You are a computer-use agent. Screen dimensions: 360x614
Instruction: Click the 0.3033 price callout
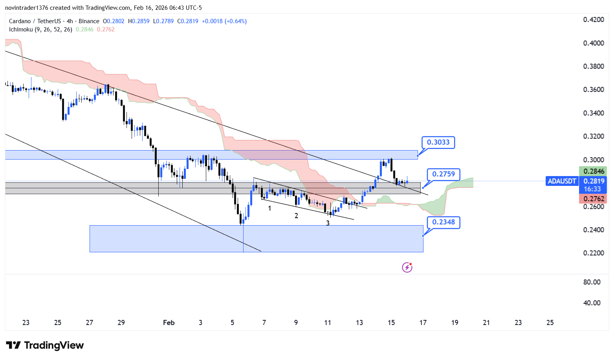438,142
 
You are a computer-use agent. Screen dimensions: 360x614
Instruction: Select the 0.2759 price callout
443,174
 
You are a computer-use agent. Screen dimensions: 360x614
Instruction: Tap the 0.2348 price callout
443,222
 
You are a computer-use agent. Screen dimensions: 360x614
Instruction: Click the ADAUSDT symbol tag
562,181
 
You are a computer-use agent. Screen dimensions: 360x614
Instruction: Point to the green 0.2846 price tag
594,171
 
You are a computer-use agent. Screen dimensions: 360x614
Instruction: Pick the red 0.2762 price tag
594,199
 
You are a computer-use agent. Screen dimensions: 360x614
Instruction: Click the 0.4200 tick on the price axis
594,20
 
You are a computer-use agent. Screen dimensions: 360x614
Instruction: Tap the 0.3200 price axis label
594,136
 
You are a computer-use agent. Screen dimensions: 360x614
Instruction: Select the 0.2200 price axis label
594,253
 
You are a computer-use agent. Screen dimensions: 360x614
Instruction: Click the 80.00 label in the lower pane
592,282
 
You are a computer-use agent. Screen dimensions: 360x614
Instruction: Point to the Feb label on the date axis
169,323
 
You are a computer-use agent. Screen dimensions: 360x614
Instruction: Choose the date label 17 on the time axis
423,323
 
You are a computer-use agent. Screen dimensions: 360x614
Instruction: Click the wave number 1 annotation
269,208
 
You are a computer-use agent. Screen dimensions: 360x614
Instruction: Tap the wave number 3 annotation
328,223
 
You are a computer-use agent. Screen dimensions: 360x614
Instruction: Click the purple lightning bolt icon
407,268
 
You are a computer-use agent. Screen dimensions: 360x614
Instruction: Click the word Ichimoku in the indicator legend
21,29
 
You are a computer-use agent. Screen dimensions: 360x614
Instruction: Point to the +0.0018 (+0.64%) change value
224,21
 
